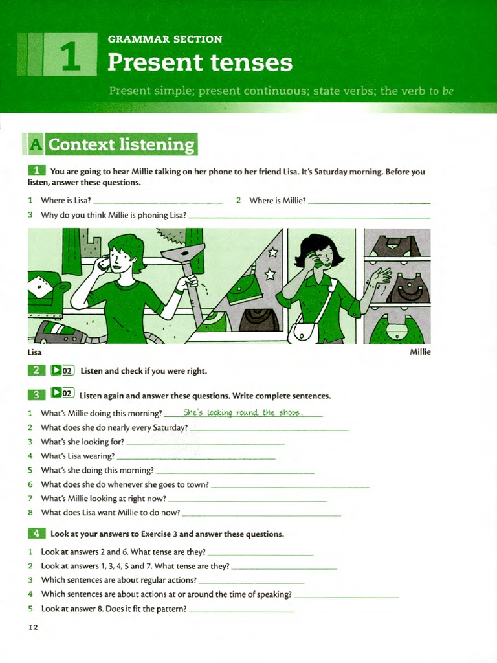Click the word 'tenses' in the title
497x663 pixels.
coord(250,63)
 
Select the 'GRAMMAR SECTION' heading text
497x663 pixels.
coord(164,39)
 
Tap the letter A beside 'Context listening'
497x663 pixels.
coord(34,144)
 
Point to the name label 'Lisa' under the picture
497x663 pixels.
coord(35,352)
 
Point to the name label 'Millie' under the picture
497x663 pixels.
coord(420,352)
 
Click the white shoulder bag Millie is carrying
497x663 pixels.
coord(303,332)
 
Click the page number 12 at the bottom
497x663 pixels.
coord(34,627)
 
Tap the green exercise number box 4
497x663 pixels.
coord(36,534)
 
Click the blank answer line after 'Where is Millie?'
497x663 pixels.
coord(369,201)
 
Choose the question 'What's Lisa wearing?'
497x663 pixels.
coord(78,456)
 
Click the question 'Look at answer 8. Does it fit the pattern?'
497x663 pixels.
coord(114,609)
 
